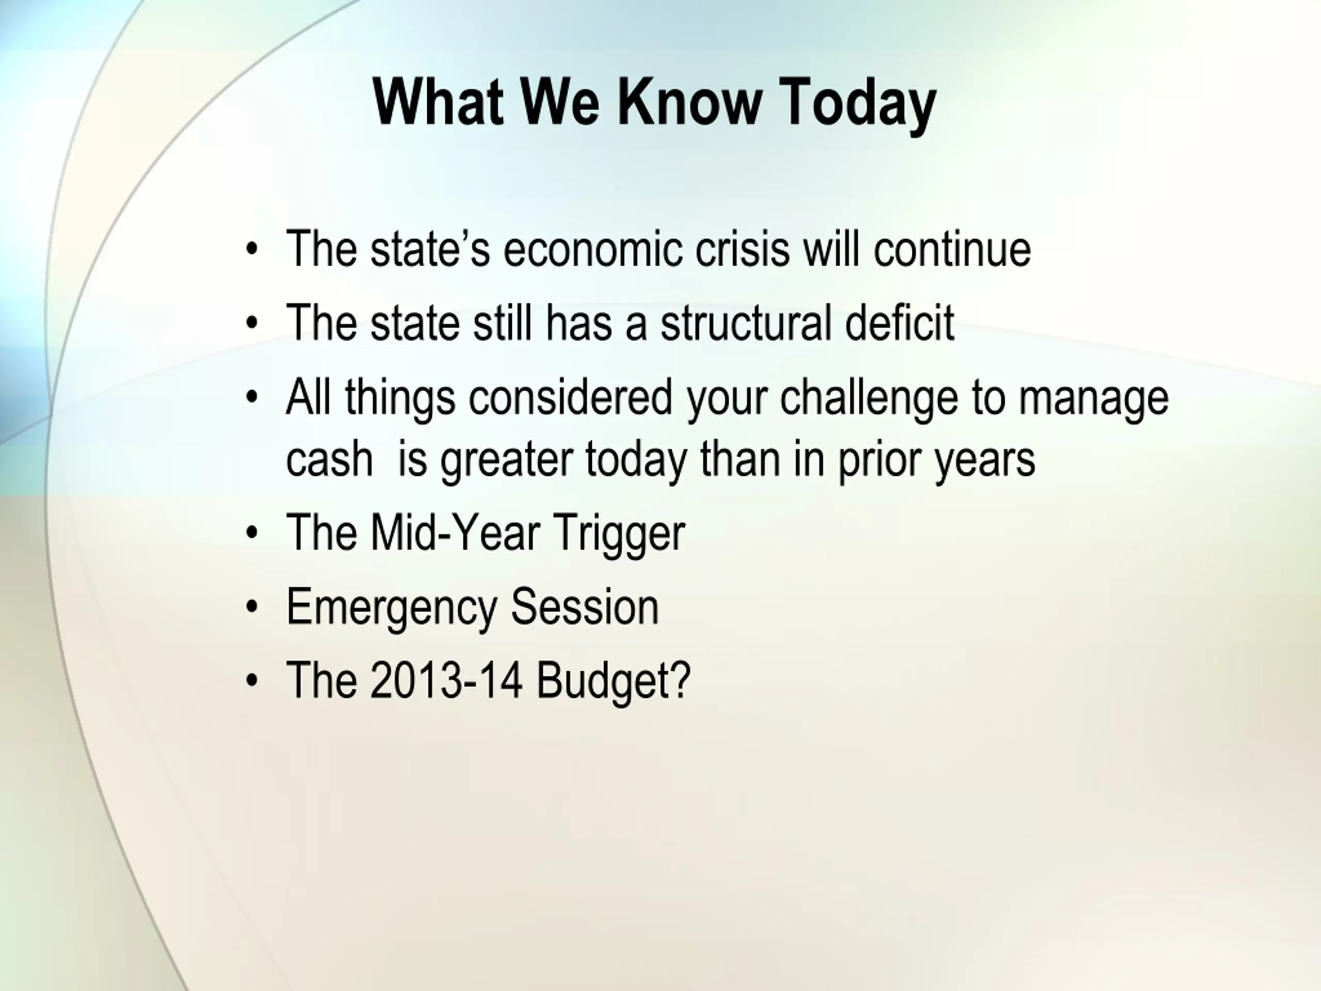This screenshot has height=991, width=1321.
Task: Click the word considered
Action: click(570, 397)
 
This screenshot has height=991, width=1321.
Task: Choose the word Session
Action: click(585, 606)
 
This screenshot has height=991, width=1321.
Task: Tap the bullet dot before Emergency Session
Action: click(252, 606)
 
